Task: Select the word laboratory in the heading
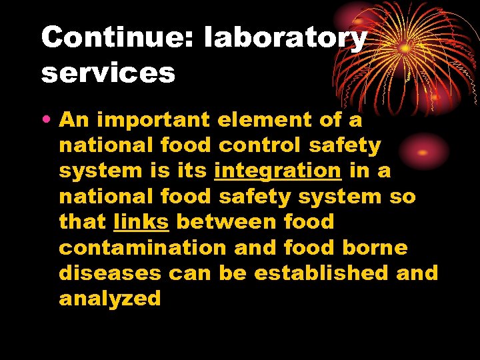tap(285, 39)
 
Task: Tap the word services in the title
tap(108, 73)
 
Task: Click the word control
tap(257, 145)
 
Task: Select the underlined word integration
tap(277, 171)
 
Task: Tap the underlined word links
tap(141, 222)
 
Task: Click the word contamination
tap(143, 247)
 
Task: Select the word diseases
tap(110, 273)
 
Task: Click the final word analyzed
tap(110, 299)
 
